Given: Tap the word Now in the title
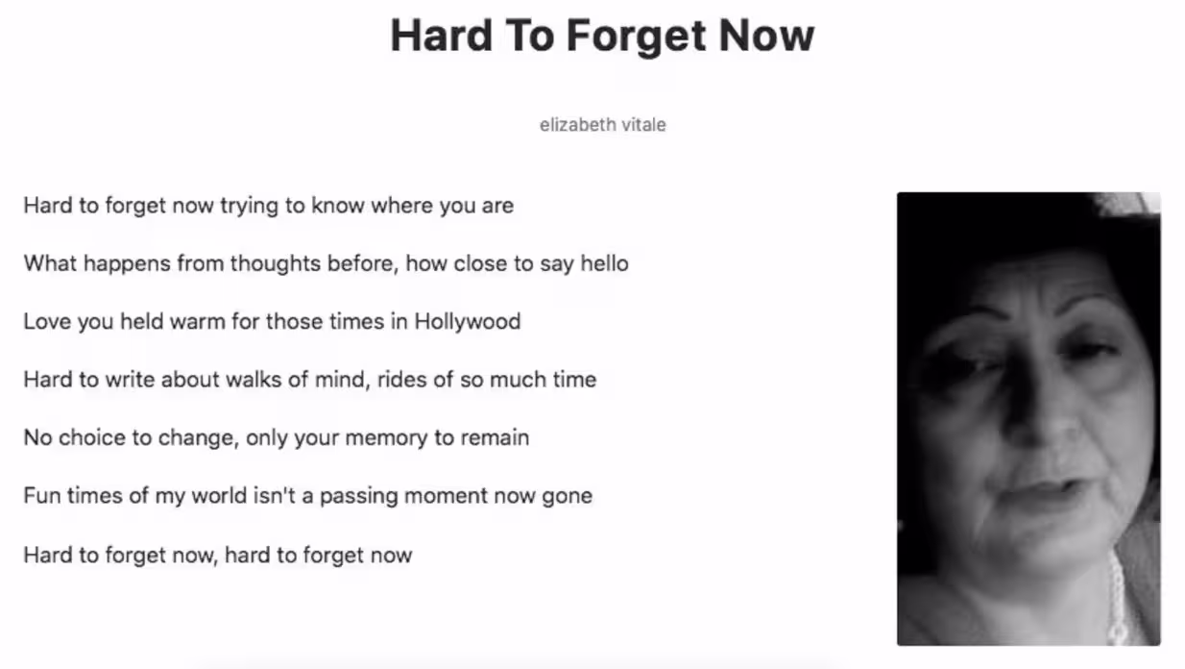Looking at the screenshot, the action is tap(766, 36).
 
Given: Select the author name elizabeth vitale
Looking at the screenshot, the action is tap(602, 125).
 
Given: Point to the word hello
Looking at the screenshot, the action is tap(604, 263).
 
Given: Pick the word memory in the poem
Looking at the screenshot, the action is tap(386, 439).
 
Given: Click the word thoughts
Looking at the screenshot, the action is tap(276, 264).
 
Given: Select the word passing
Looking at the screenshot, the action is tap(359, 497).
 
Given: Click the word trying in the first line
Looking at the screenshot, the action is tap(249, 207).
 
